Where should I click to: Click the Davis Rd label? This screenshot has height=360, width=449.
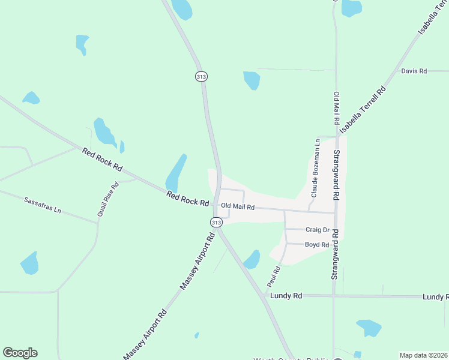tap(414, 71)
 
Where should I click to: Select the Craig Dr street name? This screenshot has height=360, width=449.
tap(318, 229)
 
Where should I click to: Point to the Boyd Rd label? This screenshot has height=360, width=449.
tap(316, 244)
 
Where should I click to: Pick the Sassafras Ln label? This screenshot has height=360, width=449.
tap(43, 205)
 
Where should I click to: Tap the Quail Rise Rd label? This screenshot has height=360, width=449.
tap(108, 199)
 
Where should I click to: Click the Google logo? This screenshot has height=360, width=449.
tap(20, 353)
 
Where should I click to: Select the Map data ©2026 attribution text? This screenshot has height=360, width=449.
tap(423, 355)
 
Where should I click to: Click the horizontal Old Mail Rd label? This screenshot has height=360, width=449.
tap(238, 206)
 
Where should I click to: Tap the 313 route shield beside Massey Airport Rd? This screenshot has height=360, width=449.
tap(216, 222)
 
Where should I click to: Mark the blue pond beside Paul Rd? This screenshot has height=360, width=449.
tap(252, 259)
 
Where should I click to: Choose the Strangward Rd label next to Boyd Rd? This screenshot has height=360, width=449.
tap(336, 254)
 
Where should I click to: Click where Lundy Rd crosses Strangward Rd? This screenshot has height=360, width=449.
tap(334, 296)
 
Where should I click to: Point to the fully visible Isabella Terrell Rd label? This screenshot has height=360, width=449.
tap(363, 109)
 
